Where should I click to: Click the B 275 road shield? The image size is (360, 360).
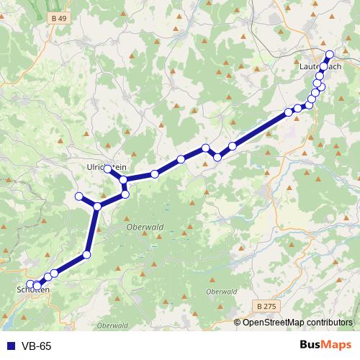(266, 307)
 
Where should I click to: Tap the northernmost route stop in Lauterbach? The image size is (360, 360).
(330, 55)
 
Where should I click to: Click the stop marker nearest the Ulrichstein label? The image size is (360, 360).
(108, 168)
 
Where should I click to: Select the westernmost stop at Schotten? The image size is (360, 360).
(30, 284)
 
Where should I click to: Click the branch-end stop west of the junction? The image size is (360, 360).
(79, 197)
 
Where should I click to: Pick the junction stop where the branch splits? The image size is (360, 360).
(97, 207)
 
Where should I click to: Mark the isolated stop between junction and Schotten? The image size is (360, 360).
(87, 254)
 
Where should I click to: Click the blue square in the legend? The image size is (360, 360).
(8, 346)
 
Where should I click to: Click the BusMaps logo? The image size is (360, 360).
(325, 346)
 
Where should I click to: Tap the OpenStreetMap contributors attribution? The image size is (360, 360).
(298, 323)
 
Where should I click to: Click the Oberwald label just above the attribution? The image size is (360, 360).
(221, 292)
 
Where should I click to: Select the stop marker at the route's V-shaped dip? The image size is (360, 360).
(217, 157)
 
